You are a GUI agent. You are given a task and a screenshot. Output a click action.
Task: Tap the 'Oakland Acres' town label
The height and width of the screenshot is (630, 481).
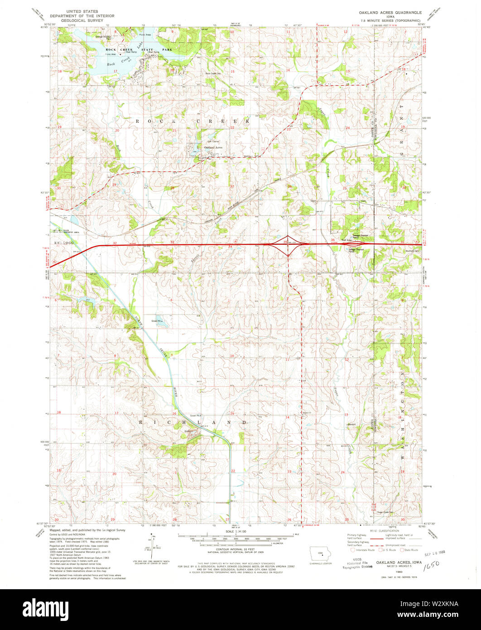pyautogui.click(x=213, y=148)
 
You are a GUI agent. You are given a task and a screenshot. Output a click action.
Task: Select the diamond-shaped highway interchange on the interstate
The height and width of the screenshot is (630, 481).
pyautogui.click(x=288, y=245)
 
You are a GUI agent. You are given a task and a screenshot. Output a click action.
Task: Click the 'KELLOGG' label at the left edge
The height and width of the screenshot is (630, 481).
pyautogui.click(x=59, y=244)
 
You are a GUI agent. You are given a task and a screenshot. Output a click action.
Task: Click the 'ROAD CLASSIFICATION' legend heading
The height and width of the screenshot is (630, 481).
pyautogui.click(x=384, y=531)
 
